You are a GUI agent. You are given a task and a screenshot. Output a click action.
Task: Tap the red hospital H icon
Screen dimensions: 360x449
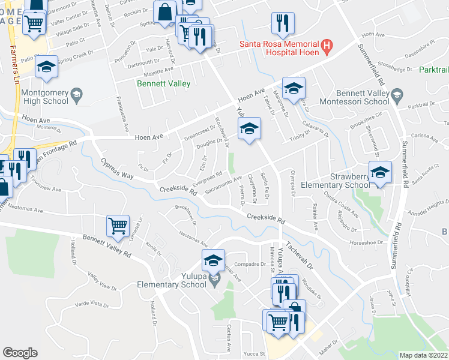327,44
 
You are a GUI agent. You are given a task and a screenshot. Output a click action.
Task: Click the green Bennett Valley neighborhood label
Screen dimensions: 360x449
163,83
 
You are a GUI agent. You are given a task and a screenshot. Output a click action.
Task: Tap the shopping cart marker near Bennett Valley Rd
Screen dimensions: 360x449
118,226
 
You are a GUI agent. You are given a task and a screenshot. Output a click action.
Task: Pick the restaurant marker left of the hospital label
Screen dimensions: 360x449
281,23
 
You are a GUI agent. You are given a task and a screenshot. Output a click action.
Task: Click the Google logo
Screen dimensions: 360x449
20,353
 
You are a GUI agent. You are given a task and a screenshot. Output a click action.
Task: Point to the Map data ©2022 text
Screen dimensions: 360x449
423,355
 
